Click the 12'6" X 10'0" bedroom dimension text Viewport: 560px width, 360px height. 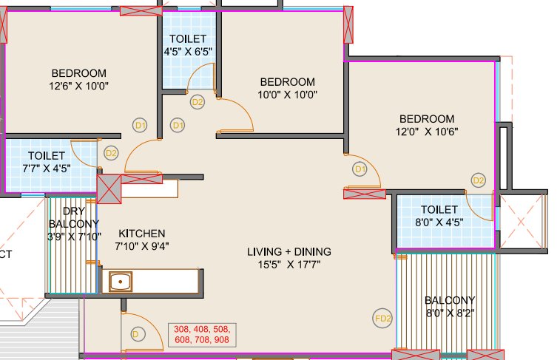78,86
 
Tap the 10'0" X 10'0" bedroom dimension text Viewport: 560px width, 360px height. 288,95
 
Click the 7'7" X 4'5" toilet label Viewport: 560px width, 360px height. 47,168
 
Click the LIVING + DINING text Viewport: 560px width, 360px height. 289,251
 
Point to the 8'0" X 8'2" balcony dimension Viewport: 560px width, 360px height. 449,313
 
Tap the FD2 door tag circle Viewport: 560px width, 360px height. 382,319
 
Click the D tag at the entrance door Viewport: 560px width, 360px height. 135,334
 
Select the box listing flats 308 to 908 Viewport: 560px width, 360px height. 202,335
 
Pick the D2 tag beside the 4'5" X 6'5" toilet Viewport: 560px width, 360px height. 198,102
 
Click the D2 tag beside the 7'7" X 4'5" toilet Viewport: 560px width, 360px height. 111,153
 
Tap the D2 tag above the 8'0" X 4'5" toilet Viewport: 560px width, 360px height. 479,180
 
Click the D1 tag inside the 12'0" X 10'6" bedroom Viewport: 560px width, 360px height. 360,169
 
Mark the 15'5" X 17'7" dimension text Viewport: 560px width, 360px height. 289,264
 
